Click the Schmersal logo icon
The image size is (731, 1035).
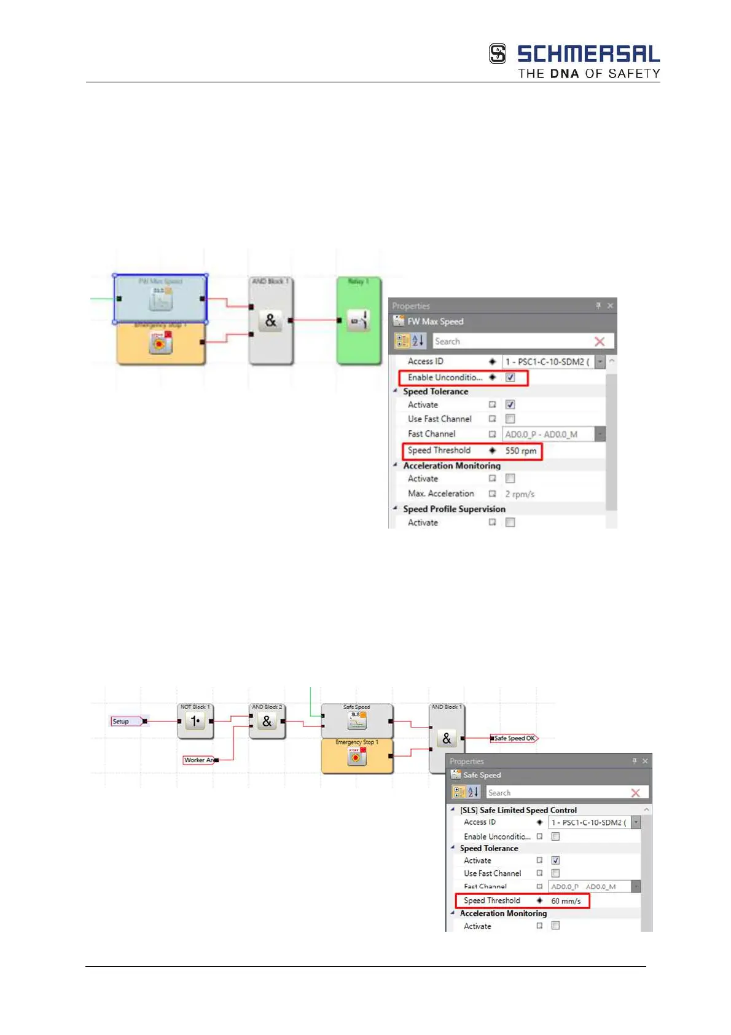[x=498, y=54]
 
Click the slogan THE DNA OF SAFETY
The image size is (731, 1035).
[x=588, y=74]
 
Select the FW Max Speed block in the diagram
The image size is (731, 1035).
[x=160, y=299]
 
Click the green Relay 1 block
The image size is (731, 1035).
[x=359, y=320]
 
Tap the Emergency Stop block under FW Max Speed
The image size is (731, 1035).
[x=160, y=343]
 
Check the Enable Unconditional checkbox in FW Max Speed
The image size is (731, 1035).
[x=510, y=377]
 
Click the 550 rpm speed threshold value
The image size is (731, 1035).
[x=521, y=451]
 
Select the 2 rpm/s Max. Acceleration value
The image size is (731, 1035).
[x=520, y=494]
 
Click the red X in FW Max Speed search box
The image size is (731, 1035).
[x=600, y=341]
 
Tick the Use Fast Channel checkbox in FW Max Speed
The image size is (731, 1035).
[x=510, y=419]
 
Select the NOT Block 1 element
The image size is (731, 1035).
[x=195, y=721]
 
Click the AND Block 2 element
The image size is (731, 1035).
[x=267, y=721]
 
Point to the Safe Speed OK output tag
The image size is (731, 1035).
[x=514, y=738]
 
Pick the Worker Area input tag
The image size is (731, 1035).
[x=199, y=760]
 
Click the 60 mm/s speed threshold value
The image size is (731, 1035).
[x=566, y=901]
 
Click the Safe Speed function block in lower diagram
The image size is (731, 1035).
[x=357, y=721]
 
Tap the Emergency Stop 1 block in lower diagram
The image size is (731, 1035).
[x=357, y=757]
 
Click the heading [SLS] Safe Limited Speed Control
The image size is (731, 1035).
[x=518, y=810]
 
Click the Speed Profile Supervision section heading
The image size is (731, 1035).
[x=454, y=509]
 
